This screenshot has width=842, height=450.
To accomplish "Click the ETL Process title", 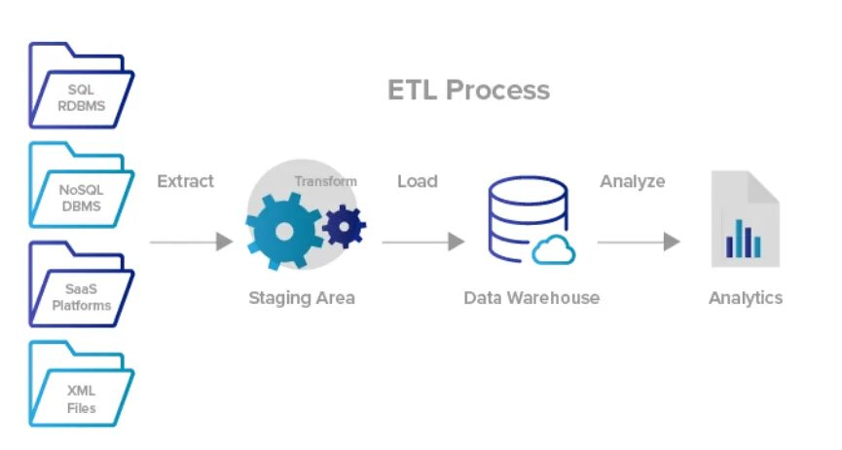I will coord(468,91).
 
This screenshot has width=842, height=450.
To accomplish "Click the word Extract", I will coord(185,181).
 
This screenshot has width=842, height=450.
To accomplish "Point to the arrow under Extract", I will coord(191,242).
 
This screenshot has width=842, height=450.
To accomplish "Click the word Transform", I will coord(325,181).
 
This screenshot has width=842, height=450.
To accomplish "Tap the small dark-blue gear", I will coord(344,226).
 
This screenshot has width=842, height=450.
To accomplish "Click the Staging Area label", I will coord(301,298).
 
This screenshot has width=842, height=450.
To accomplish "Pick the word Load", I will coord(417,181).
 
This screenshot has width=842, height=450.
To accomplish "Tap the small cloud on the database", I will coord(553,251).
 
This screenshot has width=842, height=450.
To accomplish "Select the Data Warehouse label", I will coord(531,298).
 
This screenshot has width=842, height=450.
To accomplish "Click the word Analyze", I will coord(633,181).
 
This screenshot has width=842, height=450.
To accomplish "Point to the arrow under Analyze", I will coord(638,242).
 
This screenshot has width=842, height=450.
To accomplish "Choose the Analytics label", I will coord(745,298).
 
